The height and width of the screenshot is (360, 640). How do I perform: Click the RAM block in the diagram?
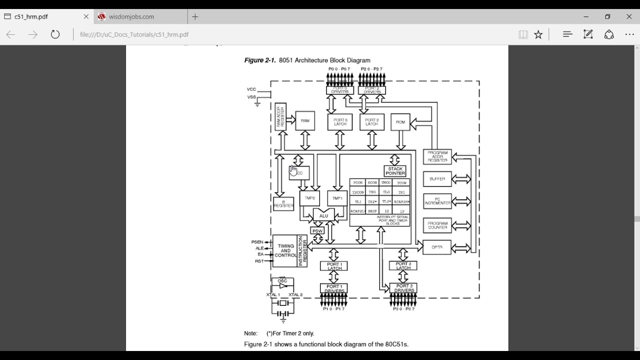click(x=305, y=121)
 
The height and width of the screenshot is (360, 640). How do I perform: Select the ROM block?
click(x=400, y=122)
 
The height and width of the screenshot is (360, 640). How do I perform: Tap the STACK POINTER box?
click(x=395, y=171)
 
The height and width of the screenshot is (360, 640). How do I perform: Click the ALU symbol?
click(x=323, y=215)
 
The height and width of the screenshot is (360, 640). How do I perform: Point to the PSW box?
click(x=317, y=231)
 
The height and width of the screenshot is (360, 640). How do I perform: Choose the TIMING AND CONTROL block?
click(x=285, y=251)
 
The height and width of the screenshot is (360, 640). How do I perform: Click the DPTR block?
click(x=437, y=247)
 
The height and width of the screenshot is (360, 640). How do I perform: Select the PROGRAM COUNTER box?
click(x=437, y=225)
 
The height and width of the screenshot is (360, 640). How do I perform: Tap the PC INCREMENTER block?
click(x=437, y=201)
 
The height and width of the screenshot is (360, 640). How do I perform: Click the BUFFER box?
click(x=437, y=179)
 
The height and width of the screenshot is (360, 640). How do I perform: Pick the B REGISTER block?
click(x=283, y=204)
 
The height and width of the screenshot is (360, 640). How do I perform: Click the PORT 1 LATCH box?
click(x=334, y=266)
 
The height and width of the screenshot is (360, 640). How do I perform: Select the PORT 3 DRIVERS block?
click(x=403, y=288)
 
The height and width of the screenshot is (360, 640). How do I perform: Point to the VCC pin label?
click(x=251, y=89)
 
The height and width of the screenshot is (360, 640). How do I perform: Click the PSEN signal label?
click(x=257, y=242)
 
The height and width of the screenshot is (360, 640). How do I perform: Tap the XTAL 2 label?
click(x=295, y=295)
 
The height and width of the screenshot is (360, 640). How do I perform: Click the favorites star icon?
click(x=538, y=34)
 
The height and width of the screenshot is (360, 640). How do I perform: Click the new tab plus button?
click(x=195, y=16)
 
